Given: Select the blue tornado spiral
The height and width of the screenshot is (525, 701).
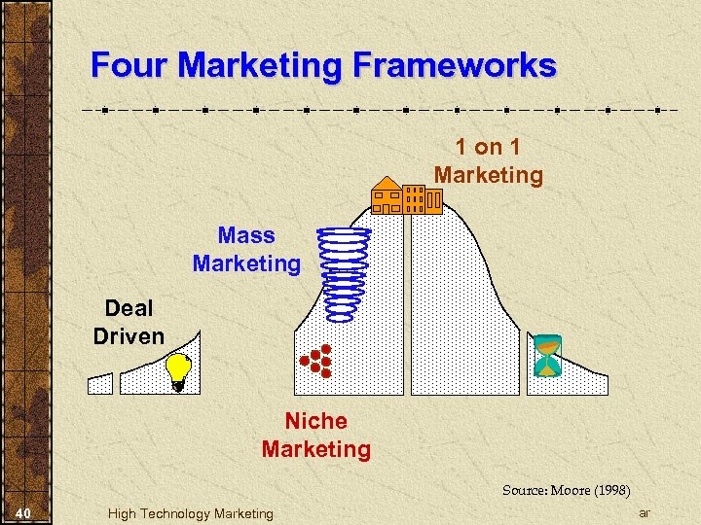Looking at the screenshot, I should click(346, 272).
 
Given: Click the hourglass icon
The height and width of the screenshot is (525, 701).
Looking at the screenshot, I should click(547, 356).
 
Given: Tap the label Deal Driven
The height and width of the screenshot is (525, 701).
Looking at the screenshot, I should click(129, 322).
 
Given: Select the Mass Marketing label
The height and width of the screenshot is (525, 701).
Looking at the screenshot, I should click(246, 249).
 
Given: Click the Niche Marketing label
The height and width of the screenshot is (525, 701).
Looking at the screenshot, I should click(315, 435).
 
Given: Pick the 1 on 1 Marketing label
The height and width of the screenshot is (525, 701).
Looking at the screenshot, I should click(488, 161).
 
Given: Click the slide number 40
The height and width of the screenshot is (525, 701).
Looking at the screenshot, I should click(26, 512).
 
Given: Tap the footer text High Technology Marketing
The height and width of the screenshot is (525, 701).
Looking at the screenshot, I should click(191, 513).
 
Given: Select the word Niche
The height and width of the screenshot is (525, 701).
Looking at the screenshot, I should click(315, 421).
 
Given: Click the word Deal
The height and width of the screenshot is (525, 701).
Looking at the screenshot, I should click(129, 308).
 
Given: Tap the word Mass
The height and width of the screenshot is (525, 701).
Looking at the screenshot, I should click(246, 235).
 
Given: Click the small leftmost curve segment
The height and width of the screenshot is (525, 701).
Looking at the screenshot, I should click(100, 384).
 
